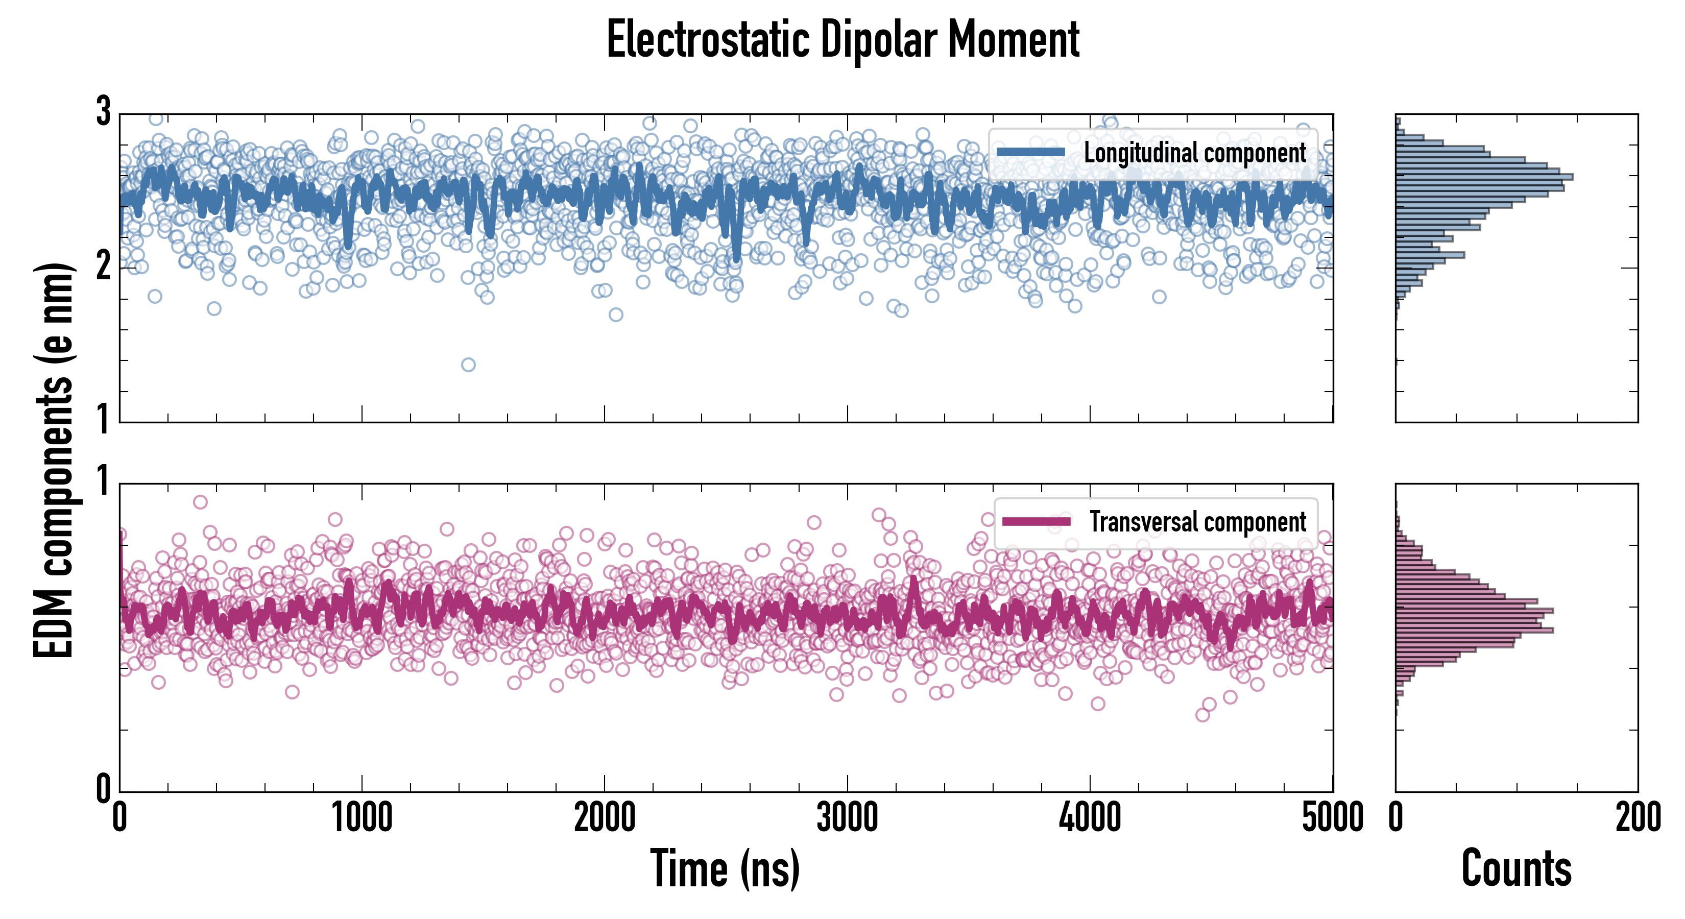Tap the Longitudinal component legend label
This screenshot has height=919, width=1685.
point(1194,153)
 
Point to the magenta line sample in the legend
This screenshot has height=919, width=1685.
point(1036,522)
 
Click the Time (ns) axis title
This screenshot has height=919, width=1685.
point(725,868)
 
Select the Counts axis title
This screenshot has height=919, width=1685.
point(1516,868)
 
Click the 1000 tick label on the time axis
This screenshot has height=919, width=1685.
point(362,817)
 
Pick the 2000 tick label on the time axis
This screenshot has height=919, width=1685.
point(605,817)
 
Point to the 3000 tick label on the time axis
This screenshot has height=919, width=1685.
point(847,817)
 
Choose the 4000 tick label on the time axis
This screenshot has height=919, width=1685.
point(1090,817)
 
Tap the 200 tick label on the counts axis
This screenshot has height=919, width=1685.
point(1637,817)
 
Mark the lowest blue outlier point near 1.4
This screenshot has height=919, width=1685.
point(468,365)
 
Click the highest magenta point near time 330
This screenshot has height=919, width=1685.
point(200,502)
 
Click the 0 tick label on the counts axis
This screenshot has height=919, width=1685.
point(1396,817)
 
